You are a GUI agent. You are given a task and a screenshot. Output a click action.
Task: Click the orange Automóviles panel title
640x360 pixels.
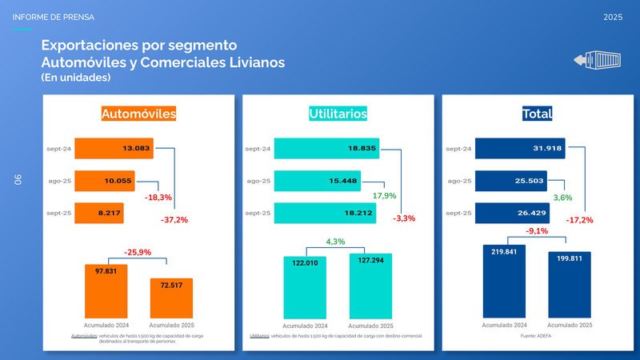pos(138,114)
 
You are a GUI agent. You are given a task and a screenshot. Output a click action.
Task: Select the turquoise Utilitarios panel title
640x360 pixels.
pos(338,114)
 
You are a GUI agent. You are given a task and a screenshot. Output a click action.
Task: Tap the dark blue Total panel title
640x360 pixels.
pos(536,114)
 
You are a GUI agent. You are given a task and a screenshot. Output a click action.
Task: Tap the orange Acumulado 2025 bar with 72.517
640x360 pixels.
pos(171,298)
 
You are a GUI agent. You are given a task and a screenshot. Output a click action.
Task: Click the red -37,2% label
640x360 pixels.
pos(174,220)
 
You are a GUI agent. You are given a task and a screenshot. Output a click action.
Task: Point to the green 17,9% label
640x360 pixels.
pos(385,196)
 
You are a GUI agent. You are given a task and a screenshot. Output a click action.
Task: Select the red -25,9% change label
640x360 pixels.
pos(137,252)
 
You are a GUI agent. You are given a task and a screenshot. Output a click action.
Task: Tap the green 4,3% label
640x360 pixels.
pos(334,242)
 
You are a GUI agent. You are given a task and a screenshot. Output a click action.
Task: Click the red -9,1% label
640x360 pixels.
pos(536,231)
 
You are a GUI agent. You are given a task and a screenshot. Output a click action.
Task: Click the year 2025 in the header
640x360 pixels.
pos(613,17)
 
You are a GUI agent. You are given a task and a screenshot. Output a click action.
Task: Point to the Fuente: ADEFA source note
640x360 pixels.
pos(536,335)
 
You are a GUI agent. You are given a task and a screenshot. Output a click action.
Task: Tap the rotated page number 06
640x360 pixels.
pos(17,180)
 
